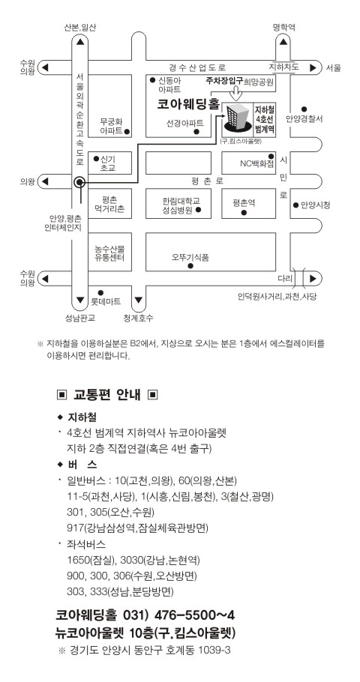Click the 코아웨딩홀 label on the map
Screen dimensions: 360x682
[x=188, y=105]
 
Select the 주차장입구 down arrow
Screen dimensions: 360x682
[x=236, y=91]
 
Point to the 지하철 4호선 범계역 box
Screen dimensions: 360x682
[x=264, y=118]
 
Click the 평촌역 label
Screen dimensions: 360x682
[x=244, y=202]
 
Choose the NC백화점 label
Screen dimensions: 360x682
[x=257, y=164]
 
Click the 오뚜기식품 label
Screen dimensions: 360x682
[x=190, y=257]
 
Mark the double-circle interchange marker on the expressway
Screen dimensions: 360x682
[x=79, y=182]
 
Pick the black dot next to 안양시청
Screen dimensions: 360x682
[x=295, y=205]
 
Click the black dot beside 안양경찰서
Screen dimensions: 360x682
[x=304, y=109]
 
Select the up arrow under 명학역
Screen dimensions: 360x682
[x=283, y=42]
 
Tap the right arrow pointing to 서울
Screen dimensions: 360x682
[x=313, y=68]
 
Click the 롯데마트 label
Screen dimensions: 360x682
[x=105, y=301]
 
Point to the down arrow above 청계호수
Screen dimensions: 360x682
[x=139, y=300]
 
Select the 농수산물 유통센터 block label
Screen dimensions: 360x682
[x=110, y=253]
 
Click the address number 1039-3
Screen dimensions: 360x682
[x=214, y=651]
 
